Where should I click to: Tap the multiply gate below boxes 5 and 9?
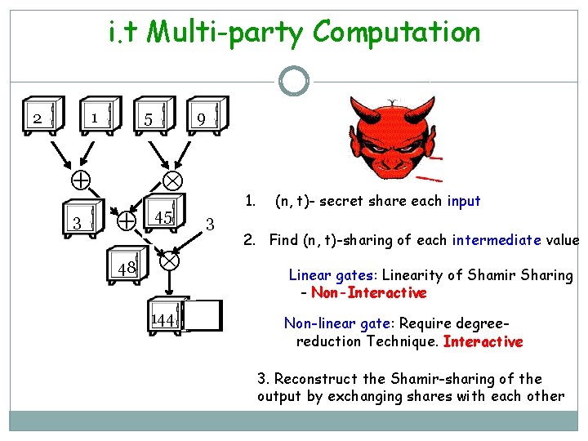pyautogui.click(x=173, y=179)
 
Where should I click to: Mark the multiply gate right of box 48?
pyautogui.click(x=169, y=261)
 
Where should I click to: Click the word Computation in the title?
pyautogui.click(x=397, y=33)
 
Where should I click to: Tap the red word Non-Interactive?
pyautogui.click(x=369, y=292)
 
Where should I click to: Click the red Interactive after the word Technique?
pyautogui.click(x=483, y=341)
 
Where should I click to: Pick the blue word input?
pyautogui.click(x=464, y=201)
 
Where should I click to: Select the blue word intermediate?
pyautogui.click(x=497, y=240)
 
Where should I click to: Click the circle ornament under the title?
pyautogui.click(x=294, y=80)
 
